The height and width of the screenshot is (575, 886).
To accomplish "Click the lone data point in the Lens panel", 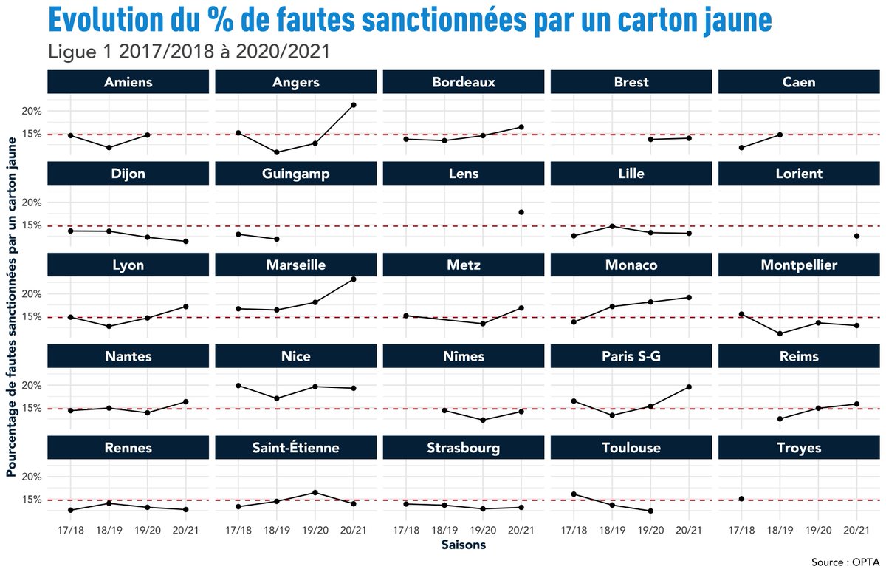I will (521, 212).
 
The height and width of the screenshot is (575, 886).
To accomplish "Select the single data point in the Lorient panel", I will (856, 236).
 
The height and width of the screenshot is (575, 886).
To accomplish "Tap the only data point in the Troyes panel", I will (741, 499).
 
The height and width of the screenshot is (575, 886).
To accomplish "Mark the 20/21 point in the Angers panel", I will (354, 105).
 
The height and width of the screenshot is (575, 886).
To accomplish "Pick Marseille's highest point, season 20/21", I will (354, 279).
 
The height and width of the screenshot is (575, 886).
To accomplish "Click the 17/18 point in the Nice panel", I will (238, 386).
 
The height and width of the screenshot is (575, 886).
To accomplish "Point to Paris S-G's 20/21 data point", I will (689, 387).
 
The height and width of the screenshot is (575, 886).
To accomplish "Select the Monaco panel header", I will (631, 265).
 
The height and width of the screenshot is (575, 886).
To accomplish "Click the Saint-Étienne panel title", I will (296, 448).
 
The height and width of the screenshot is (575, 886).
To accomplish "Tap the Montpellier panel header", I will (799, 265).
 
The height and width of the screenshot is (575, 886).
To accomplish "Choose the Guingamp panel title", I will (296, 174).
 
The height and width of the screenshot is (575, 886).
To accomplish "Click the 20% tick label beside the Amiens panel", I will (31, 112).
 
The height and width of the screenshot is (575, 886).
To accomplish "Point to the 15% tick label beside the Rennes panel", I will (31, 500).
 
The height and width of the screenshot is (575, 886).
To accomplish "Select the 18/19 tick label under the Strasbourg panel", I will (444, 530).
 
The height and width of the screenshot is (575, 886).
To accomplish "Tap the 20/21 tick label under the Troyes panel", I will (856, 530).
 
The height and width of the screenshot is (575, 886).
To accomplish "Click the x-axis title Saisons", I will (464, 545).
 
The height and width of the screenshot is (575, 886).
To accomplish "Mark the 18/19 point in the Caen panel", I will (780, 135).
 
